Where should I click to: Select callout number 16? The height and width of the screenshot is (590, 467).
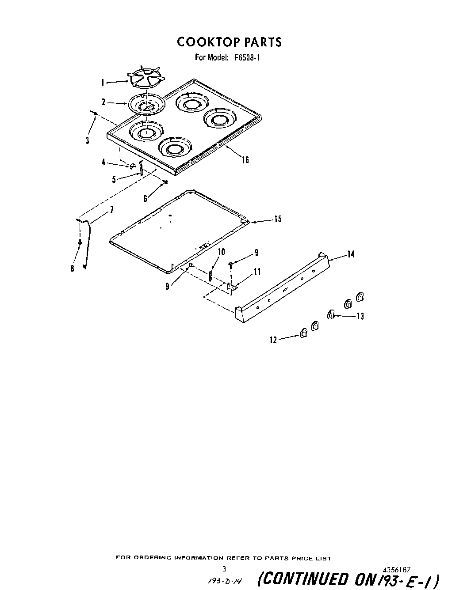[245, 160]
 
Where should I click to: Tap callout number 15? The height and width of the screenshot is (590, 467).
[277, 219]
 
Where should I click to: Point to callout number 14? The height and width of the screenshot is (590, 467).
[351, 254]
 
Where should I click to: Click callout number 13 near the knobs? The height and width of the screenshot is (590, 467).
[360, 316]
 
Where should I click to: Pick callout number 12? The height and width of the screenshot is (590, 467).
[273, 340]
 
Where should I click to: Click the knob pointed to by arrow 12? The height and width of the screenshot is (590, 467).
[303, 333]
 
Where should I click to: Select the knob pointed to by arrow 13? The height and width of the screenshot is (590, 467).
[330, 315]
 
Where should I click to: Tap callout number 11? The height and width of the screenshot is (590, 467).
[257, 272]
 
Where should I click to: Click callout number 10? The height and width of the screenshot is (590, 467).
[221, 252]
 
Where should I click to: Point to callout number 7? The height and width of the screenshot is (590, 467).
[111, 210]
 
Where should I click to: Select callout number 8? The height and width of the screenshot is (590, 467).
[73, 268]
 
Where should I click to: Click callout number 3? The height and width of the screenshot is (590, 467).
[88, 141]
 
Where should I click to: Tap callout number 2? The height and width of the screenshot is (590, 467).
[103, 102]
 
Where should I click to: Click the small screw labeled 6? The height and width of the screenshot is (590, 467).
[165, 182]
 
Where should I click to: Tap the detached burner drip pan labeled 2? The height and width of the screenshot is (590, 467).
[145, 104]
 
